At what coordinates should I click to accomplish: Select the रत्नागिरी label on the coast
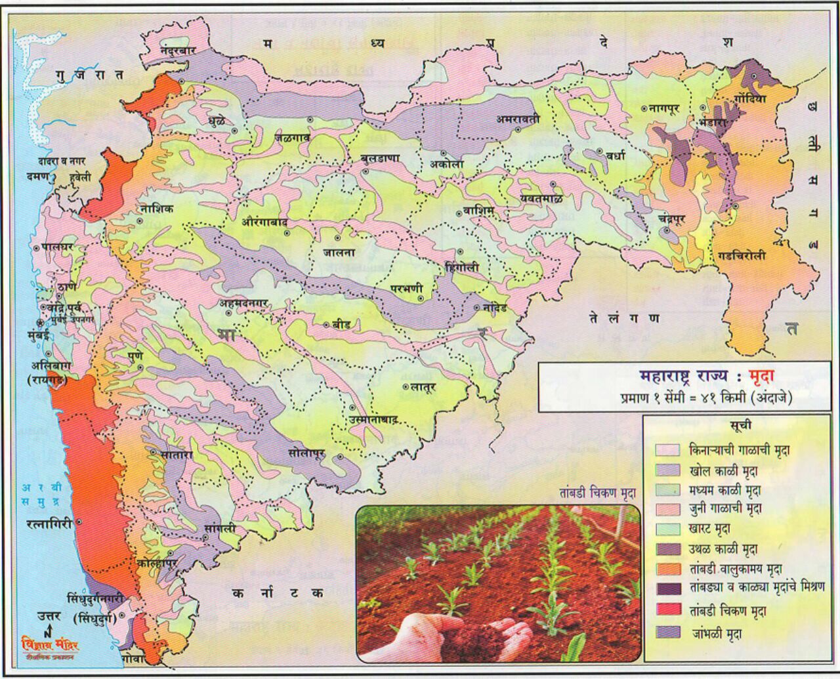coord(49,523)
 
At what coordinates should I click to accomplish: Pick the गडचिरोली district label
coord(742,257)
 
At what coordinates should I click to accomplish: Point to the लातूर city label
coord(419,386)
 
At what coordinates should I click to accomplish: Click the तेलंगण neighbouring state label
coord(623,318)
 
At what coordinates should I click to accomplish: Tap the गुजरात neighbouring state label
coord(89,75)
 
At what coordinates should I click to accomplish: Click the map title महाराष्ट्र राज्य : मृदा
coord(702,378)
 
